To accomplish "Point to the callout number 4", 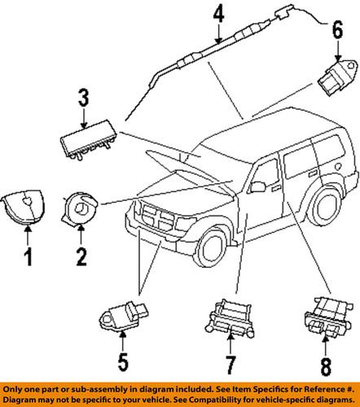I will click(217, 15).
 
